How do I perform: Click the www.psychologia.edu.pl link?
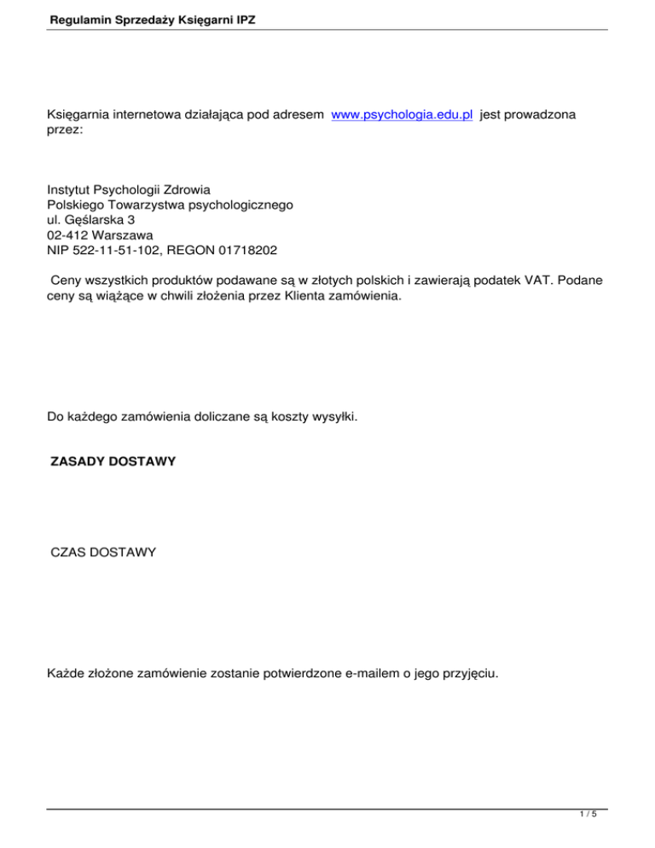click(403, 114)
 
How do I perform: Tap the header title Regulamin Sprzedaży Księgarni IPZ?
click(141, 15)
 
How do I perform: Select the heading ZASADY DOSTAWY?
click(113, 462)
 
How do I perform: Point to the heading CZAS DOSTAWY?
click(103, 553)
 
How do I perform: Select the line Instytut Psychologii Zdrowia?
click(129, 190)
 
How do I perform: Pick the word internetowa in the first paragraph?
click(148, 114)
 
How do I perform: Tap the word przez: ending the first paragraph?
click(65, 130)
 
